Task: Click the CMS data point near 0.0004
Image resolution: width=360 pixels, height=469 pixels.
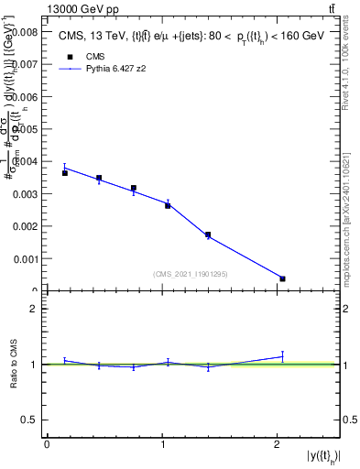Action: pos(282,278)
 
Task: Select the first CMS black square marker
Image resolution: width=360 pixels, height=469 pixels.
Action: pos(65,173)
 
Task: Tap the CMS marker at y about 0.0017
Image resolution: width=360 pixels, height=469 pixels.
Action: pos(208,235)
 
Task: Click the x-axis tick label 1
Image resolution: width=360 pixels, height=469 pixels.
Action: pos(162,444)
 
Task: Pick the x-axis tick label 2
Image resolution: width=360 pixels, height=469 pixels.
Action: pos(277,444)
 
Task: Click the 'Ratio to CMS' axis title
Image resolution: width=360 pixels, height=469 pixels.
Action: pos(14,364)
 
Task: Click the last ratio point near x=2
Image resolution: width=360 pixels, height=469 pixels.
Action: pos(282,356)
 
